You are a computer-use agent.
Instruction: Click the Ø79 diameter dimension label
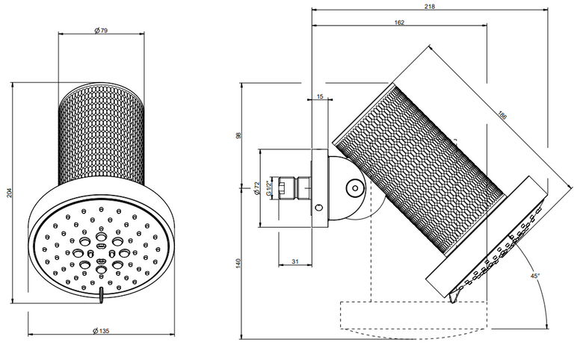tap(101, 31)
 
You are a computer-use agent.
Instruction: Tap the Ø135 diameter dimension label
tap(101, 331)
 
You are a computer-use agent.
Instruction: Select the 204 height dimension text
tap(10, 193)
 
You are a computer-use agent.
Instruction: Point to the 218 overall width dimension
tap(430, 6)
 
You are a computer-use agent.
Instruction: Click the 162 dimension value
tap(399, 22)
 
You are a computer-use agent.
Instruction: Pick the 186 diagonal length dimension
tap(502, 116)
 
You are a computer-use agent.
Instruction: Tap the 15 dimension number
tap(320, 96)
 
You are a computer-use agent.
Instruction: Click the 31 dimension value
tap(294, 261)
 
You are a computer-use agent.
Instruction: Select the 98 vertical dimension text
tap(238, 135)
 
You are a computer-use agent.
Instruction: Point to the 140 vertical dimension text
tap(238, 263)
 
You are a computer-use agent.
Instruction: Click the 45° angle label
tap(535, 276)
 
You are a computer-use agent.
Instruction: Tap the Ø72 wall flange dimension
tap(256, 188)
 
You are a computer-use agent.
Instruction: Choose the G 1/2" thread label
tap(268, 188)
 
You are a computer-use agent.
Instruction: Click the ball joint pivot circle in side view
tap(355, 188)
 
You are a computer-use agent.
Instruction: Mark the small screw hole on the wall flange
tap(319, 208)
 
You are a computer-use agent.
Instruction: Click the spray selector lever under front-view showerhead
tap(100, 295)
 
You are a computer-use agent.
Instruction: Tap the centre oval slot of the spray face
tap(100, 246)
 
